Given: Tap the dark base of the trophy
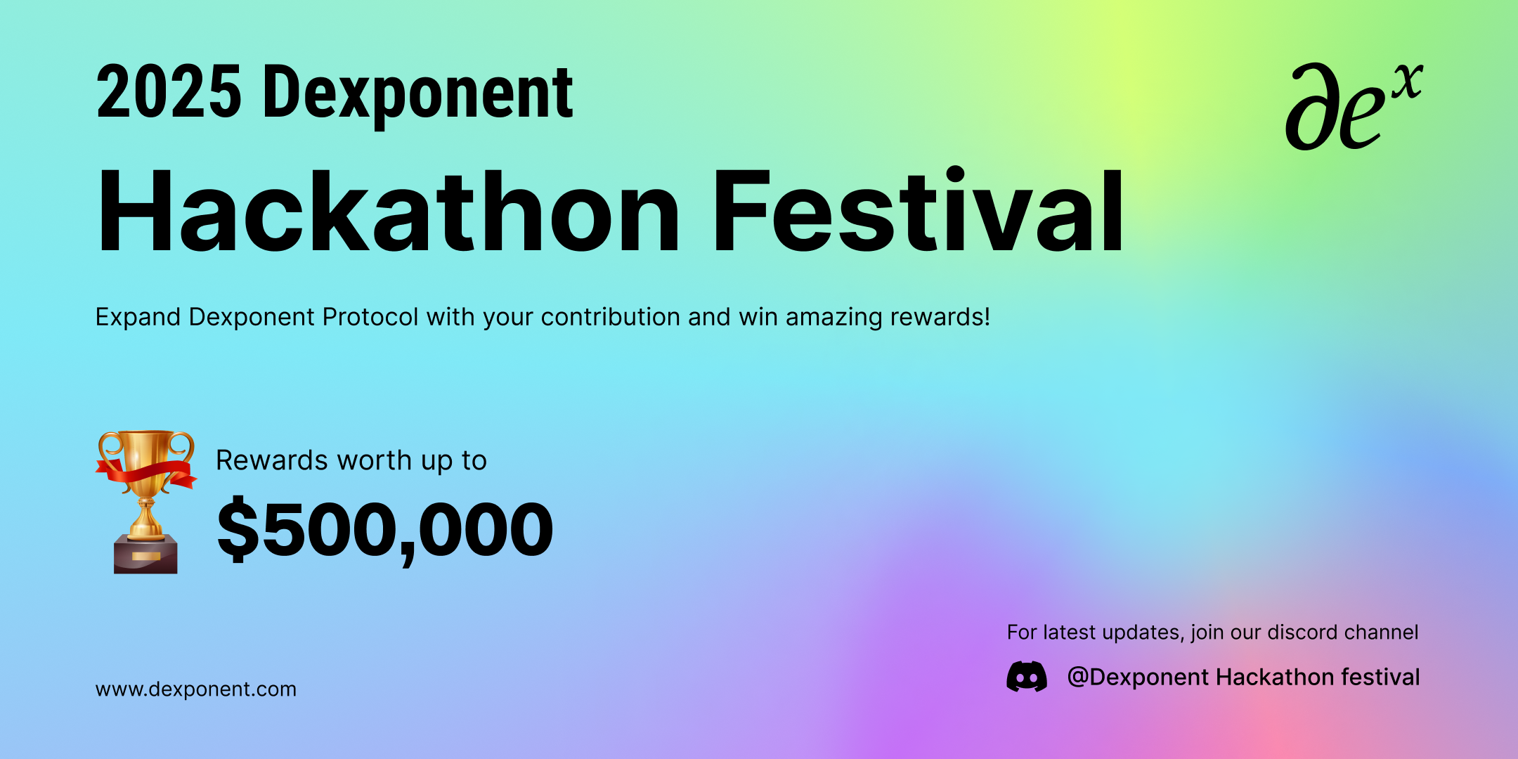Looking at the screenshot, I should [146, 554].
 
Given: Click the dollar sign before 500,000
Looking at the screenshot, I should [238, 529].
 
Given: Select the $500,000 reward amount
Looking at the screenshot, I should [385, 529].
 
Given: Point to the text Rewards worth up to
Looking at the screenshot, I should [351, 461].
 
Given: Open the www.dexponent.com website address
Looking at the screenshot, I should [195, 689].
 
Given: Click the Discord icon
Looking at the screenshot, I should [1027, 677].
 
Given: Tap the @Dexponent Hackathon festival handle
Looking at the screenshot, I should [1243, 677].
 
